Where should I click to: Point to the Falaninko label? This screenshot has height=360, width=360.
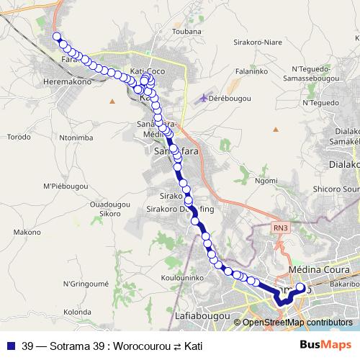(x=253, y=72)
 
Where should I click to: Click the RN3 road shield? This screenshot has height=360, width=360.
(x=280, y=228)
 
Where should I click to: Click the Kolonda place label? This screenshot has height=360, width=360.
(x=74, y=312)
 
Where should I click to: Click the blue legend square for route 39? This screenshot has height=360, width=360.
(x=10, y=346)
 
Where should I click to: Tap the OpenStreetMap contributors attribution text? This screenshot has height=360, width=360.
(x=297, y=322)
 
